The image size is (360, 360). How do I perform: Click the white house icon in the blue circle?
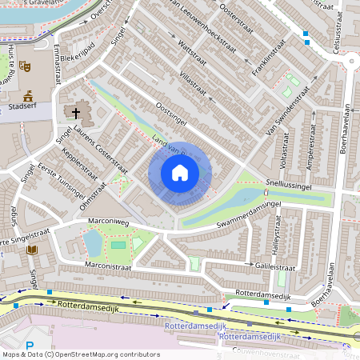(x=180, y=172)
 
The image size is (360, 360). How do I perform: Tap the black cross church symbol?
(x=77, y=113)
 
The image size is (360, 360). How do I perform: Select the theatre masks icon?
(x=24, y=68)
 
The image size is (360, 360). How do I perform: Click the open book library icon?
(x=32, y=250)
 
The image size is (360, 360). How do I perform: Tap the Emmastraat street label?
(x=58, y=62)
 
